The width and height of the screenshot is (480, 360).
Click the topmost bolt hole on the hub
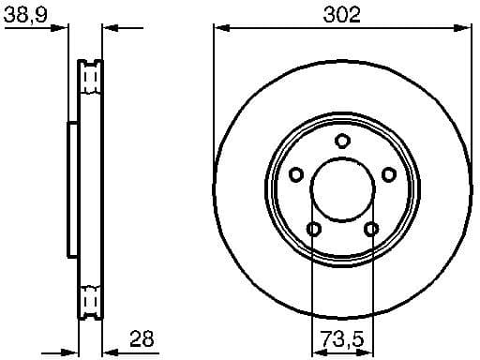pos(342,142)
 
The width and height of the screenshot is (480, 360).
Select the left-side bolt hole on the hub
pos(296,174)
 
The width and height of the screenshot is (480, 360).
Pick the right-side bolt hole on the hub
pos(388,173)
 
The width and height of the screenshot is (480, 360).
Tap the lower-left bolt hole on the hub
pos(314,229)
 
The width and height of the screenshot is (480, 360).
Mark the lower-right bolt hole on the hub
pos(370,229)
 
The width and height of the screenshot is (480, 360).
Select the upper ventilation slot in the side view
pos(91,74)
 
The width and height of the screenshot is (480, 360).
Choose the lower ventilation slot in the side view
pos(91,301)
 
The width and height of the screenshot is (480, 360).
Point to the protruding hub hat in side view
pos(70,187)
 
